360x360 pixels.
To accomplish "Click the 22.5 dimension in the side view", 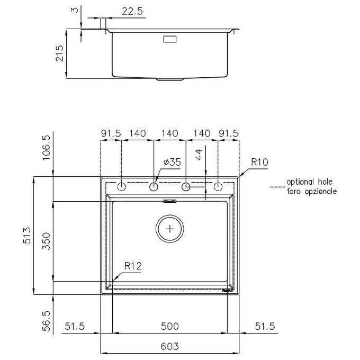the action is click(132, 11).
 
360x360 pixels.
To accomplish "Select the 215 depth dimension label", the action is click(59, 53).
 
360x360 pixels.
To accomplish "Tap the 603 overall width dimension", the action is click(169, 346).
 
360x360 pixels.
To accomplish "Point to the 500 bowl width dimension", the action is click(169, 326).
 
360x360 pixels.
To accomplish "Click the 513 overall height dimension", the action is click(27, 236).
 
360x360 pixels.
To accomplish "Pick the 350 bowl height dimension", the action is click(46, 241).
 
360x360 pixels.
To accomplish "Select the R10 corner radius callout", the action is click(259, 163).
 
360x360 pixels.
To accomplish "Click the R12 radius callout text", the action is click(133, 266).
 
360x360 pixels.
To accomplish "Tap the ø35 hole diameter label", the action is click(172, 162).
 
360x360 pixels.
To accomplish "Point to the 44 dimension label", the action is click(199, 154).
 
